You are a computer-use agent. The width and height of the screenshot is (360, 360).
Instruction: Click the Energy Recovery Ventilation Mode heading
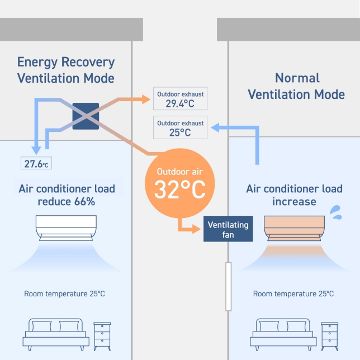65,70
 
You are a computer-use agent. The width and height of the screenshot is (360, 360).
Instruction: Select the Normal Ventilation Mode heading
296,86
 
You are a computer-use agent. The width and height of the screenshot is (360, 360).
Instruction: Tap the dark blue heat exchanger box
86,116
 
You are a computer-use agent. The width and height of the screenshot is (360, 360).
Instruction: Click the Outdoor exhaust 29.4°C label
180,99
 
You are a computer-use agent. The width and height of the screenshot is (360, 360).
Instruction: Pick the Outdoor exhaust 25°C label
180,127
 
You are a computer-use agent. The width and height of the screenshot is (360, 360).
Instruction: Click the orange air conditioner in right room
294,228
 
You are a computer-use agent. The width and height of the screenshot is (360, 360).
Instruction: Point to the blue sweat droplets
335,211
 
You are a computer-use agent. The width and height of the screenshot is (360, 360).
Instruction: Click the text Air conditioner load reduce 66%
67,195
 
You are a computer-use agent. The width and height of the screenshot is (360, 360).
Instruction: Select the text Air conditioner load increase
294,195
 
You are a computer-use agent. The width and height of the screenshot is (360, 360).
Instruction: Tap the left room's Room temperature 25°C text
64,293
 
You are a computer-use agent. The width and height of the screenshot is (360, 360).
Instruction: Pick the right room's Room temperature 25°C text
293,293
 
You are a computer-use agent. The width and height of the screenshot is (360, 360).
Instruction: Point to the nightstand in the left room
102,335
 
